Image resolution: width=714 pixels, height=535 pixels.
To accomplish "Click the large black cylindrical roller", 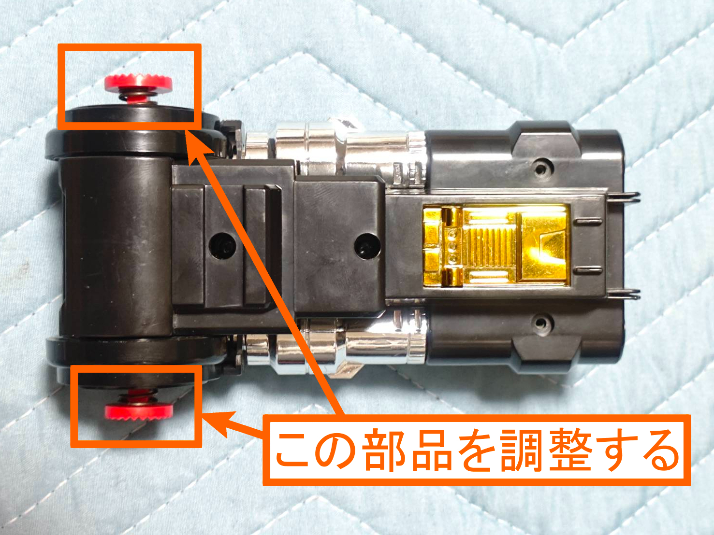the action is (116, 247).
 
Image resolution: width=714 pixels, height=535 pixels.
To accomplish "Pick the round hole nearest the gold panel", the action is (367, 246).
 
